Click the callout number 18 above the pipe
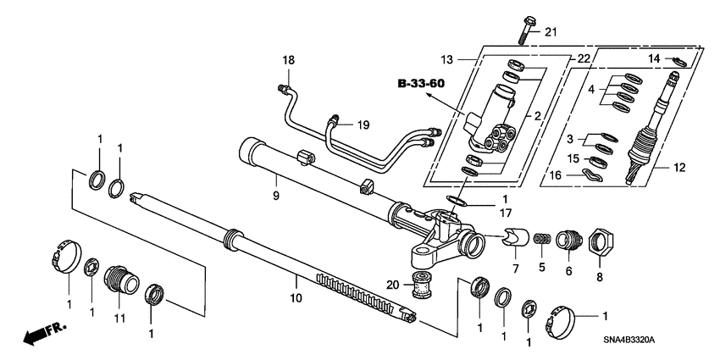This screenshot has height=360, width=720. click(289, 60)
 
